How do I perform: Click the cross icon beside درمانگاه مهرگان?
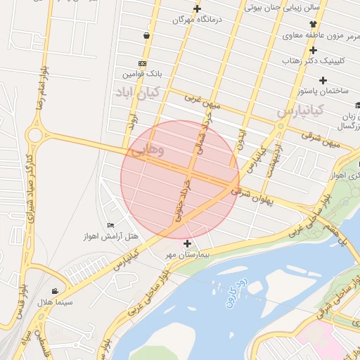pos(197,9)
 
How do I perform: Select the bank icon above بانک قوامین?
pos(143,63)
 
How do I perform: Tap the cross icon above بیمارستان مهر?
pos(187,243)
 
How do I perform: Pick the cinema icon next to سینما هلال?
pos(56,291)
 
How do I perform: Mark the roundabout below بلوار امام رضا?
pos(34,134)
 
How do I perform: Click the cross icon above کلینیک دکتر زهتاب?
pos(313,50)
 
